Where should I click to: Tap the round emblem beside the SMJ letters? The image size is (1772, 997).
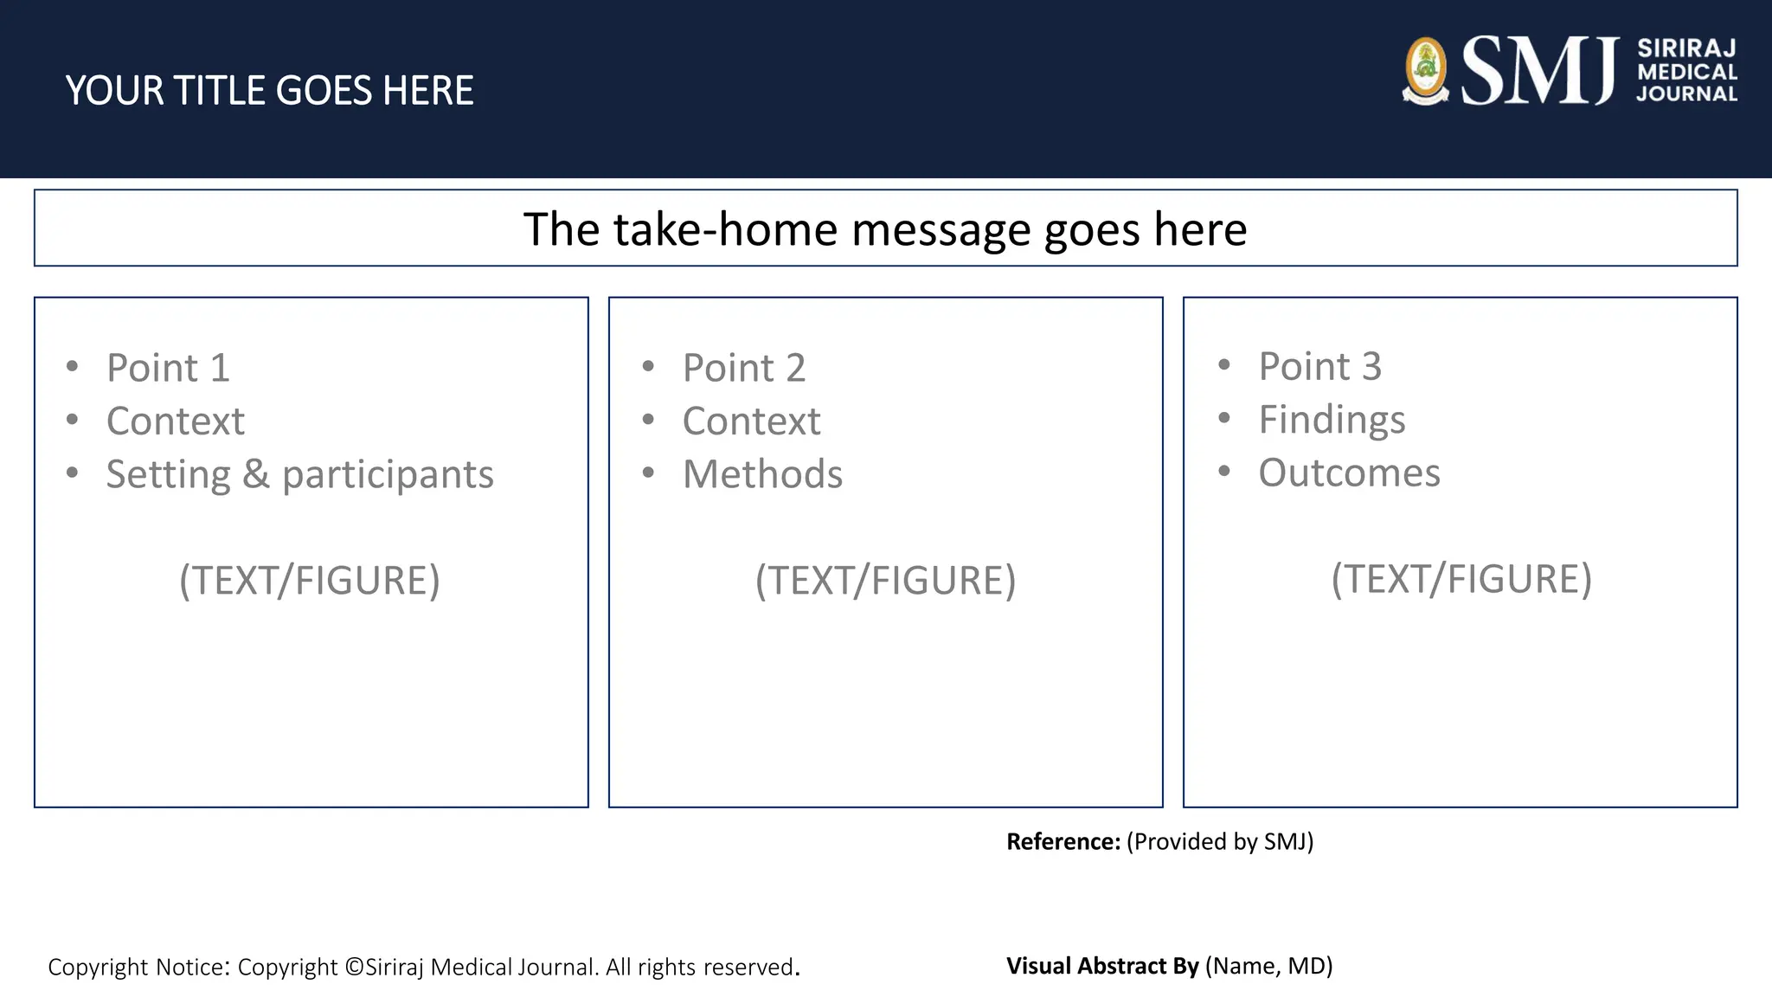pos(1425,71)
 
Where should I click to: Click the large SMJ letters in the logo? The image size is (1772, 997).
pos(1540,71)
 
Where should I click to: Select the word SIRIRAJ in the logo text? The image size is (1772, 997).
pos(1686,48)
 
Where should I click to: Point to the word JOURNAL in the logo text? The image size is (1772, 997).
pos(1686,94)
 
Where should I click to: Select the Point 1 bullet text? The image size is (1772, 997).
pos(168,368)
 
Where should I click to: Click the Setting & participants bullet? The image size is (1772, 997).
pos(299,474)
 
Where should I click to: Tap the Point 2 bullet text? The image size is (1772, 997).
pos(743,368)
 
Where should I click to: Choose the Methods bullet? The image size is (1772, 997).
pos(762,474)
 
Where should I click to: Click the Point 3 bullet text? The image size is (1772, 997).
pos(1319,366)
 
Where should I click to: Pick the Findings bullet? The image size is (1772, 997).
pos(1332,420)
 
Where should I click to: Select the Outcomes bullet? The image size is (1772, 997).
pos(1349,473)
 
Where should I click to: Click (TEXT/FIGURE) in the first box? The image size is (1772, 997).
pos(310,580)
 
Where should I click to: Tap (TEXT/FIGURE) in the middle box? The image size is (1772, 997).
pos(885,580)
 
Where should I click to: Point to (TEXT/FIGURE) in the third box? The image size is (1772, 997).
pos(1461,578)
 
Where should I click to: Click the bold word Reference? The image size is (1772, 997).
pos(1063,842)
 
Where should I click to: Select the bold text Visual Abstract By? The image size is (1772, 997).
pos(1102,966)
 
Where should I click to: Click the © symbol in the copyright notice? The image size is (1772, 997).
pos(354,968)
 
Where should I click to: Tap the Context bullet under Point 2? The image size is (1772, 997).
pos(751,421)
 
